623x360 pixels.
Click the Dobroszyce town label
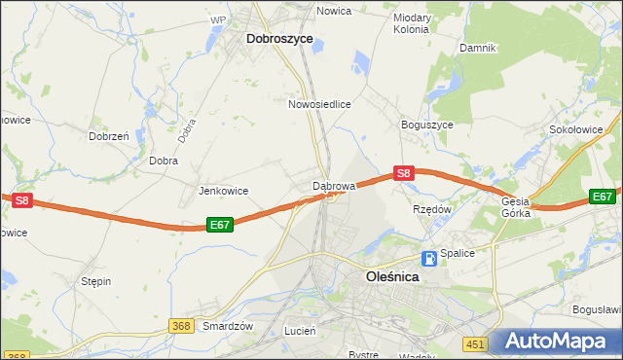point(279,39)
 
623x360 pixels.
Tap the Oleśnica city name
point(391,276)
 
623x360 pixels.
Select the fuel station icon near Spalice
point(429,259)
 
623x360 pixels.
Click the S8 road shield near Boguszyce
point(405,174)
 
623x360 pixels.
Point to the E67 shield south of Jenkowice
point(220,225)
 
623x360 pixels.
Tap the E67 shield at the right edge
point(603,197)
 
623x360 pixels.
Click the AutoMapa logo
point(560,342)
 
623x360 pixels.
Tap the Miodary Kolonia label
point(411,23)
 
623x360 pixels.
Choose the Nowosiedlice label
point(319,102)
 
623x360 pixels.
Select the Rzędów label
point(432,208)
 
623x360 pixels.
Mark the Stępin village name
point(95,281)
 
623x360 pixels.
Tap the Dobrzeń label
point(109,137)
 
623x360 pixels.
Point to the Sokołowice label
point(584,128)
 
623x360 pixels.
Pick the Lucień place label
point(299,331)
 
